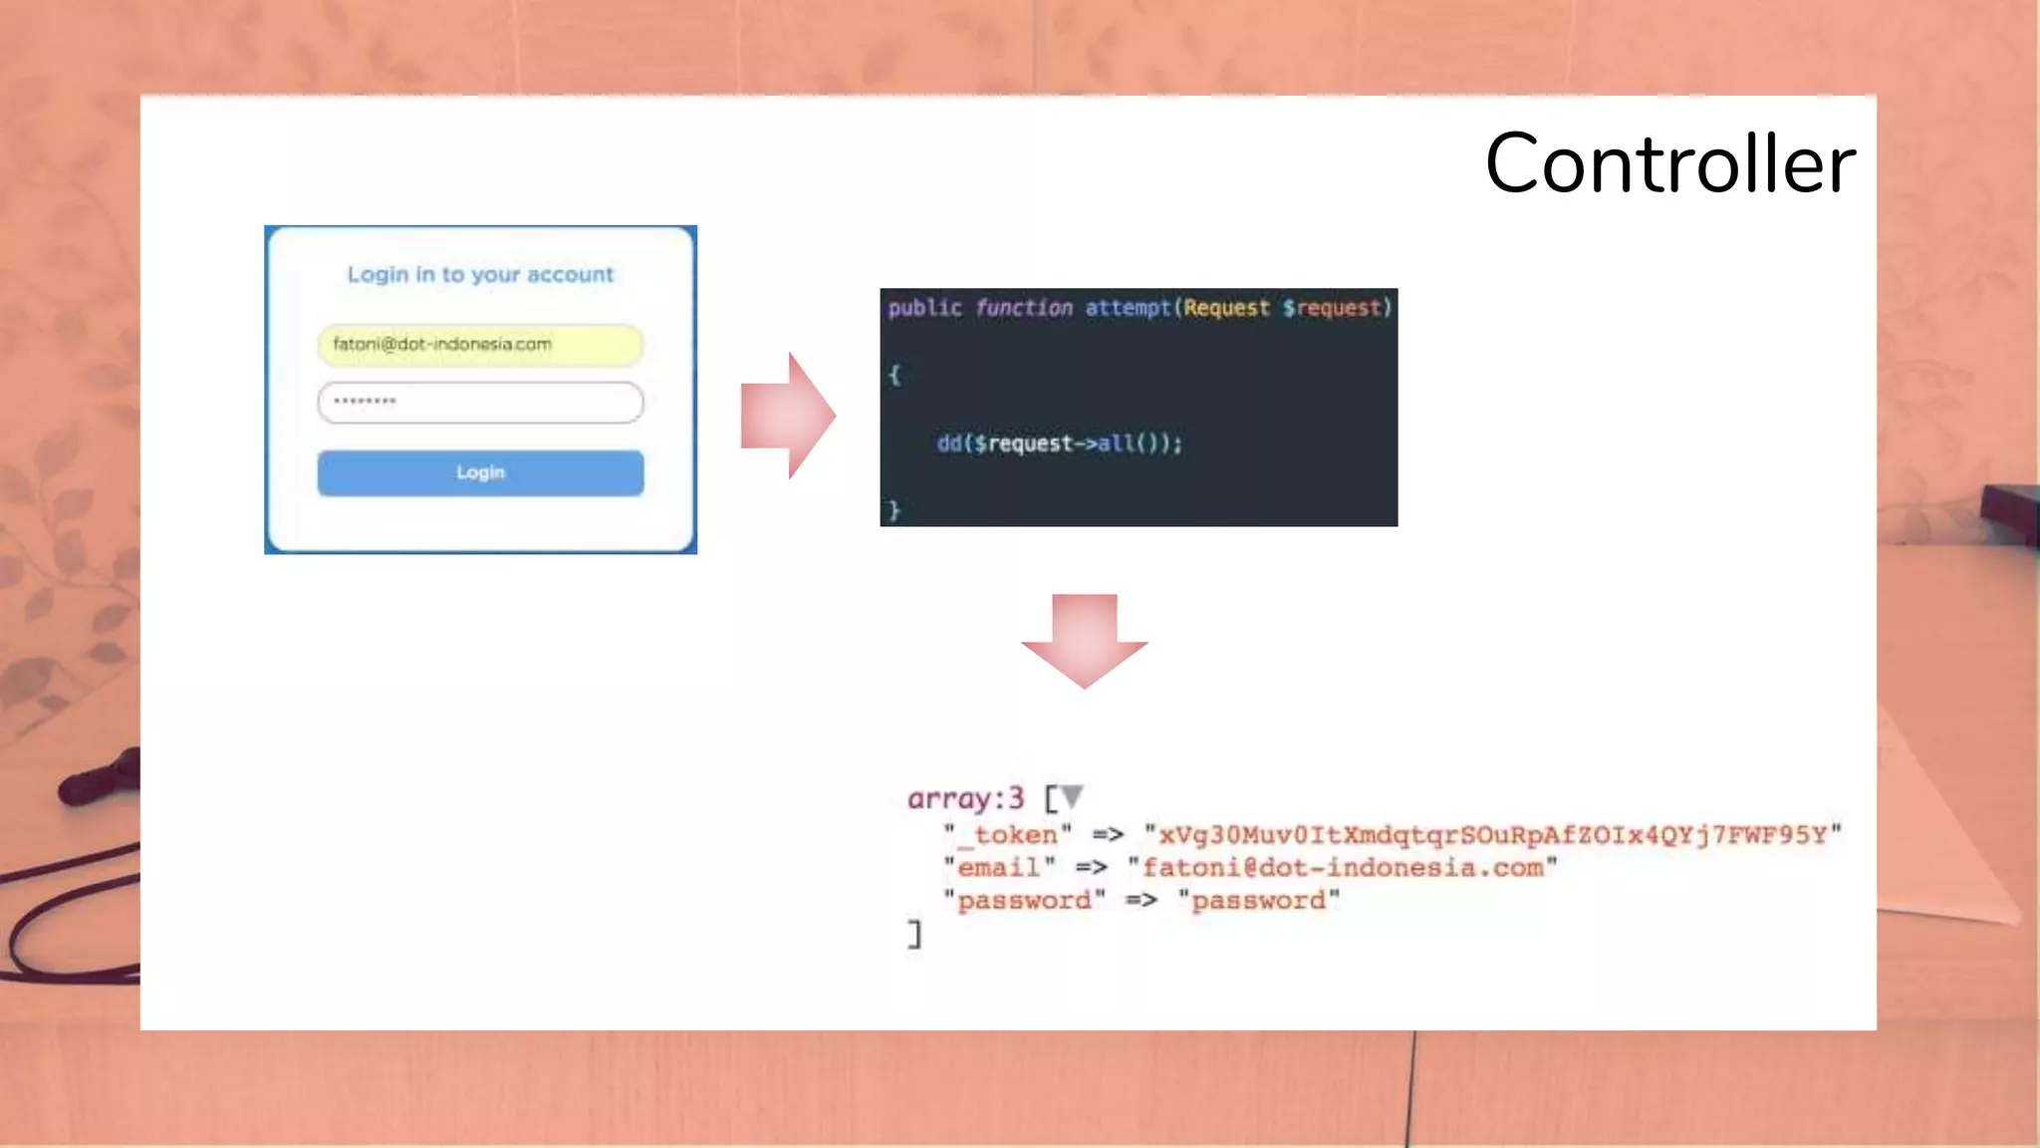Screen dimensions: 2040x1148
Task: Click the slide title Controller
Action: point(1669,163)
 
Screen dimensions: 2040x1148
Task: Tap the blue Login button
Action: point(480,472)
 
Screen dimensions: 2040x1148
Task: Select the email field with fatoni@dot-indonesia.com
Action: point(480,345)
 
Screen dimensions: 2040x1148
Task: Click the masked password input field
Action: point(480,403)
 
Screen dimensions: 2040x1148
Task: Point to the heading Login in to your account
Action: point(480,274)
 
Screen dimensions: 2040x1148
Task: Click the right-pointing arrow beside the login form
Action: point(787,416)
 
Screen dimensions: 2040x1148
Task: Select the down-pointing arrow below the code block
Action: point(1085,640)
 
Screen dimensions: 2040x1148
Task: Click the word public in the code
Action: point(924,308)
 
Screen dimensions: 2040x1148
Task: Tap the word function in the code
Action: point(1024,308)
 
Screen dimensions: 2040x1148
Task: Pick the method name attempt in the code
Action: point(1128,308)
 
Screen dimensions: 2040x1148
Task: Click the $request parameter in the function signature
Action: point(1335,308)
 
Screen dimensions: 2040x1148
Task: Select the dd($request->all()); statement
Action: point(1059,443)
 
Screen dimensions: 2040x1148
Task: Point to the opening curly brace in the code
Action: point(894,375)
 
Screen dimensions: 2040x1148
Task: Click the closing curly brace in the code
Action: point(894,510)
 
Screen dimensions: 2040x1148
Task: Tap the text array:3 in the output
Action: point(965,798)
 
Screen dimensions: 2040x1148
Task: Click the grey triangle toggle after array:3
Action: point(1072,796)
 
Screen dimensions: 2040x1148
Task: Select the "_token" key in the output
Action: point(1008,834)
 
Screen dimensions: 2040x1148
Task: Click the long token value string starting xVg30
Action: point(1492,834)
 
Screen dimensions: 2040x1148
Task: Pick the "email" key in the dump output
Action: point(999,868)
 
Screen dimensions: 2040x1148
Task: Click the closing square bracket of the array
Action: point(914,934)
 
